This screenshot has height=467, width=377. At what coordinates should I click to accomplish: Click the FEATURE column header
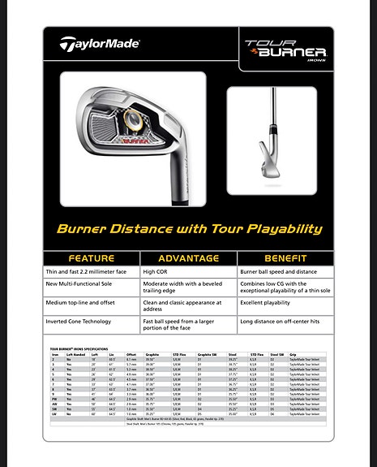(x=91, y=258)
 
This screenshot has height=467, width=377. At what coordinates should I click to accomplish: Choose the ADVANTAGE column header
(x=188, y=258)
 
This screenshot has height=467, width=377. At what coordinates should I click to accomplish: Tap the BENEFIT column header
(x=285, y=258)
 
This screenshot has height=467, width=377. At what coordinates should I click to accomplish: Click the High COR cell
(x=155, y=271)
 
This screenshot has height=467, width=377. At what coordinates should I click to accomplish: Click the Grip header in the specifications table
(x=293, y=354)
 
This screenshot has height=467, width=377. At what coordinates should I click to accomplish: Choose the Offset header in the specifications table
(x=131, y=354)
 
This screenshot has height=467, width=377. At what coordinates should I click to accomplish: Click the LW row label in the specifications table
(x=54, y=413)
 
